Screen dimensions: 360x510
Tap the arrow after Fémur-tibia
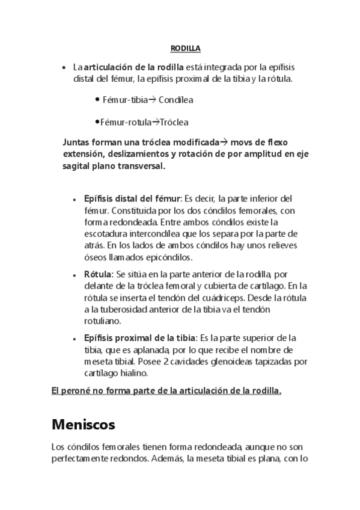click(x=151, y=99)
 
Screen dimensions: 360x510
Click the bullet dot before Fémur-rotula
click(x=97, y=121)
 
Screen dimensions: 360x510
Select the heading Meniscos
click(x=84, y=425)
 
